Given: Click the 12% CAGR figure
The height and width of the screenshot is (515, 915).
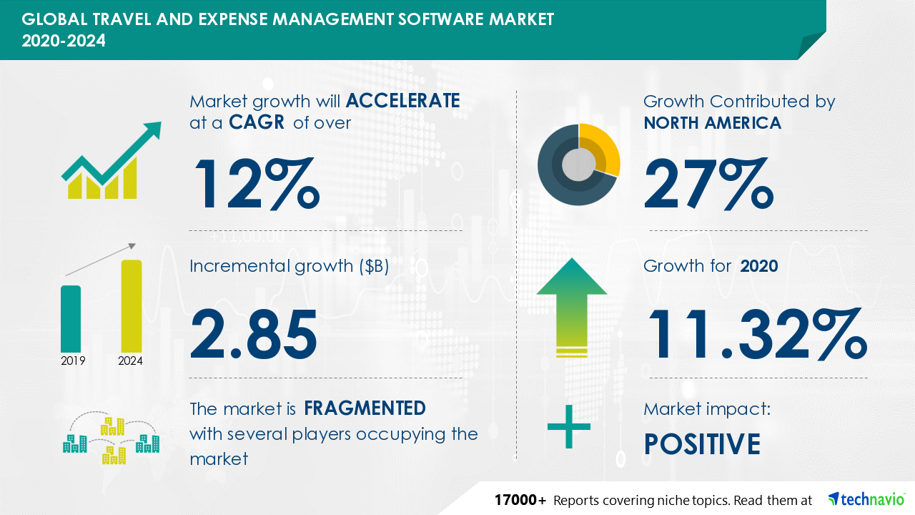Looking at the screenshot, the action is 257,184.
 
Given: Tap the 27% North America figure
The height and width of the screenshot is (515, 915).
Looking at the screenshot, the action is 708,184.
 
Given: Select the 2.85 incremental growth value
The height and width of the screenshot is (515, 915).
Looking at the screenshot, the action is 254,334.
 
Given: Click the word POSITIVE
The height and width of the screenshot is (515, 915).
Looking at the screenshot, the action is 702,444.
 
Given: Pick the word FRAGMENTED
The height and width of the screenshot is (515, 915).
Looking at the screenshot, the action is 365,408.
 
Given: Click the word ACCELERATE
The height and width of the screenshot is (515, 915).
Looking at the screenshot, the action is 402,101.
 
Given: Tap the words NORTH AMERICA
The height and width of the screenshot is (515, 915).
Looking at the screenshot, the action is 713,123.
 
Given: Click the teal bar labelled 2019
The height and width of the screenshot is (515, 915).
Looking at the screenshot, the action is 71,319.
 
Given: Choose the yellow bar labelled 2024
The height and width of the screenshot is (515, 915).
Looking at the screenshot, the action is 132,306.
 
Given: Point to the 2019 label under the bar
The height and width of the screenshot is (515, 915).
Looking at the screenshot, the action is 73,361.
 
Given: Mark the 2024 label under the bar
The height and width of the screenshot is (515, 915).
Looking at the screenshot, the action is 130,361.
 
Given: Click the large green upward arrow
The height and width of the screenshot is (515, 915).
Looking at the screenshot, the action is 572,308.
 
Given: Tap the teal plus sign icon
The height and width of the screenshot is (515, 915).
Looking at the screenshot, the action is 568,427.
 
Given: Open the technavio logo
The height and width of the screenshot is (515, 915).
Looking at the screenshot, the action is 866,499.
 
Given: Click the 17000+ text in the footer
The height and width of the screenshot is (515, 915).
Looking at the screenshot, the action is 520,500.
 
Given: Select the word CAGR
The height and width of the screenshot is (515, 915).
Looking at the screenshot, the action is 257,122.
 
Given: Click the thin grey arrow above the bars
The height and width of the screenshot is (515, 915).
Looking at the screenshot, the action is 100,260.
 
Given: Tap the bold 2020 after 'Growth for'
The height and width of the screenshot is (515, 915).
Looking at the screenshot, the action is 759,267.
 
